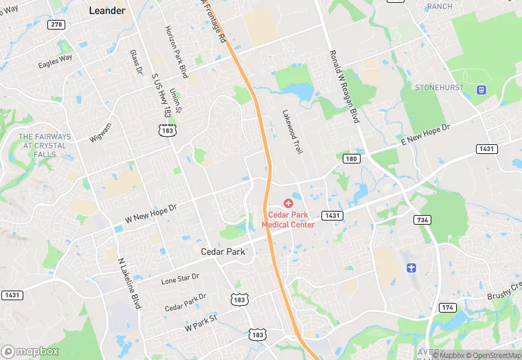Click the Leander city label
coord(107,10)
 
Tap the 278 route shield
coord(56,25)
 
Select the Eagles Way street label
coord(56,62)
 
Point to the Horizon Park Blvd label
coord(176,47)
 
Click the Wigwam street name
coord(100,132)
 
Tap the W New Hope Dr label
coord(151,213)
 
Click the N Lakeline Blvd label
coord(129,282)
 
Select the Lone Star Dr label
coord(180,278)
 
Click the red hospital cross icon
coord(288,203)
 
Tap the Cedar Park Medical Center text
coord(291,220)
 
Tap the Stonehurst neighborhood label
coord(439,88)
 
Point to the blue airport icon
coord(411,267)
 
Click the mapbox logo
coord(30,351)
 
